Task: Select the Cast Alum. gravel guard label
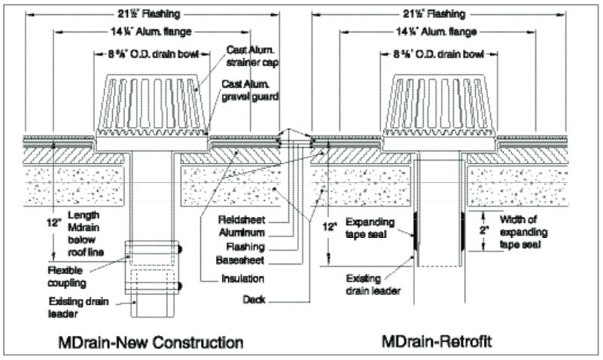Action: click(250, 90)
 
